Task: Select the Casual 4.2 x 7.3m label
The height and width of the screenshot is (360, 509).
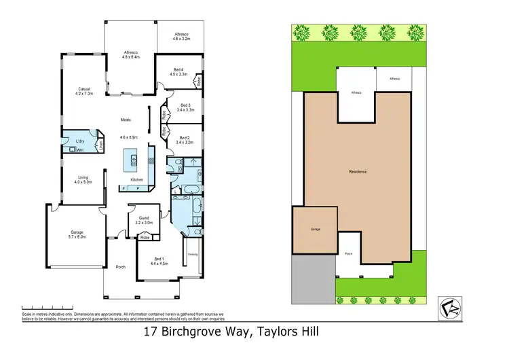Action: pyautogui.click(x=85, y=91)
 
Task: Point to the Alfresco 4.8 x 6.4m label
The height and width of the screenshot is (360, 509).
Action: pyautogui.click(x=131, y=55)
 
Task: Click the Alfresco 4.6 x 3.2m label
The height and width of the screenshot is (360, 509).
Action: pyautogui.click(x=181, y=36)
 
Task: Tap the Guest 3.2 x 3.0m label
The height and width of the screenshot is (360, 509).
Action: pyautogui.click(x=143, y=220)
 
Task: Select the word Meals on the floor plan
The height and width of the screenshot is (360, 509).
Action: pyautogui.click(x=126, y=120)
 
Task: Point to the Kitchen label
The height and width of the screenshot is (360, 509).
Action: pyautogui.click(x=136, y=179)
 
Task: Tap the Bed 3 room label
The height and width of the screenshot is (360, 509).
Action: pyautogui.click(x=185, y=107)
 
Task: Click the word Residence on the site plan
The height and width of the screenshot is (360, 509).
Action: pyautogui.click(x=358, y=171)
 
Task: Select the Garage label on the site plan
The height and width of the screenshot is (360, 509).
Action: pyautogui.click(x=316, y=230)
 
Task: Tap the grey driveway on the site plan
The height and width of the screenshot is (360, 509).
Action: pyautogui.click(x=313, y=278)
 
